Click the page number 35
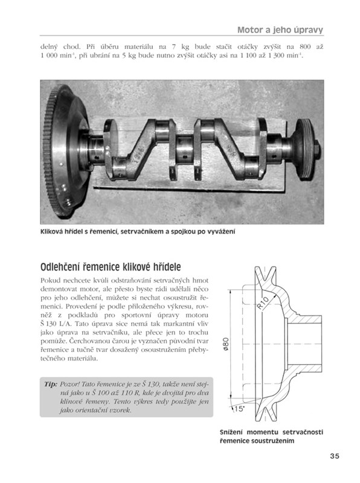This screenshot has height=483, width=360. click(335, 456)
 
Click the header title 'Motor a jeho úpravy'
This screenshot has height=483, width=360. click(280, 30)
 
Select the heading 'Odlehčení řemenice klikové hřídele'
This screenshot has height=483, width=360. click(111, 267)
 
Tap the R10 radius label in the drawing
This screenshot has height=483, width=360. click(263, 302)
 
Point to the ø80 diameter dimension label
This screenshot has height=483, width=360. click(226, 344)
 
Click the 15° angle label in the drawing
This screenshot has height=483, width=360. click(239, 409)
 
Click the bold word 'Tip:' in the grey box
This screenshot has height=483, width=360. click(51, 384)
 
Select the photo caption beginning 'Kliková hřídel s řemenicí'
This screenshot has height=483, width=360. click(138, 231)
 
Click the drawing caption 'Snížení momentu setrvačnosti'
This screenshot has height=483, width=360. click(272, 432)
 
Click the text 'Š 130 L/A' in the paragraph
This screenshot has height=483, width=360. click(56, 324)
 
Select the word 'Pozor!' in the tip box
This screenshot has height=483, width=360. click(69, 384)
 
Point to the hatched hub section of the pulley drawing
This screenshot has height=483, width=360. click(306, 319)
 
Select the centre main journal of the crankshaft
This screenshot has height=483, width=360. click(185, 147)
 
